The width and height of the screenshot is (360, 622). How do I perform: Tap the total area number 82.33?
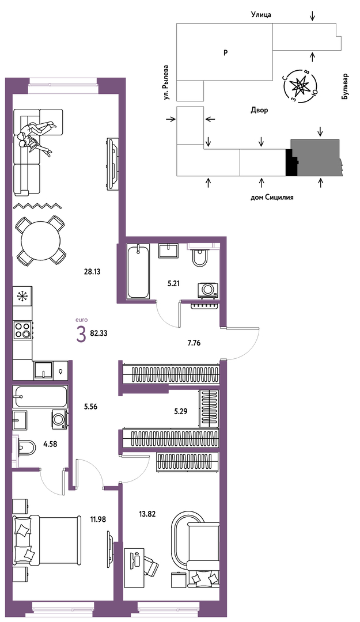(x=99, y=333)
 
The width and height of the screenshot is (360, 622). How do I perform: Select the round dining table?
(x=40, y=241)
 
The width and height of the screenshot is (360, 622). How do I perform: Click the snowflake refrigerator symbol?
(x=22, y=295)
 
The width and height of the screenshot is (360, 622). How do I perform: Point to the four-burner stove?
(x=22, y=329)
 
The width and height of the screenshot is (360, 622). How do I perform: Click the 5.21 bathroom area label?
(x=175, y=283)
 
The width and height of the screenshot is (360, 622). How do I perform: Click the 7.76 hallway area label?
(x=194, y=343)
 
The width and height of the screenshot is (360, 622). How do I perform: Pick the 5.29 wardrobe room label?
(x=181, y=411)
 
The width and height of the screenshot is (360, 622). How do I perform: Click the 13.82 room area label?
(x=147, y=514)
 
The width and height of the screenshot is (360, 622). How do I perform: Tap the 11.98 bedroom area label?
(x=98, y=519)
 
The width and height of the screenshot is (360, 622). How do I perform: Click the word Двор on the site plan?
(x=259, y=110)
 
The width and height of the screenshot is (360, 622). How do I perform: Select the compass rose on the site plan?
(x=301, y=85)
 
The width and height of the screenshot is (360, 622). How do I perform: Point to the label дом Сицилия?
(x=272, y=197)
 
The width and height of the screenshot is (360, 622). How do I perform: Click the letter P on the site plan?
(x=225, y=52)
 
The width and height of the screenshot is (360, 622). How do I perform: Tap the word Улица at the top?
(x=261, y=15)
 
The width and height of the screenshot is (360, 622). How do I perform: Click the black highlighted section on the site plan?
(x=291, y=162)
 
